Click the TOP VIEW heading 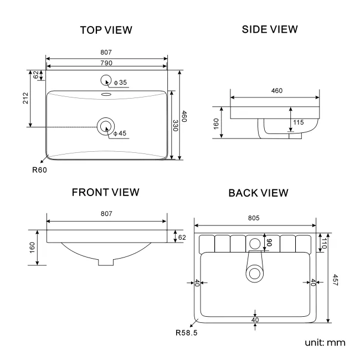point(106,30)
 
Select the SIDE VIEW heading point(270,29)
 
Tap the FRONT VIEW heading point(106,192)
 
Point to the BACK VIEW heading point(258,193)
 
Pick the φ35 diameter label point(120,83)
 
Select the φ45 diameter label point(120,133)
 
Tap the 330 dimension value point(174,126)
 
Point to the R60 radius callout point(39,170)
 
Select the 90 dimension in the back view point(270,242)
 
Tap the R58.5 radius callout point(186,333)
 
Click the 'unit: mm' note point(325,342)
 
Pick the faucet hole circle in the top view point(105,81)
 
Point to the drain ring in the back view point(255,272)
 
